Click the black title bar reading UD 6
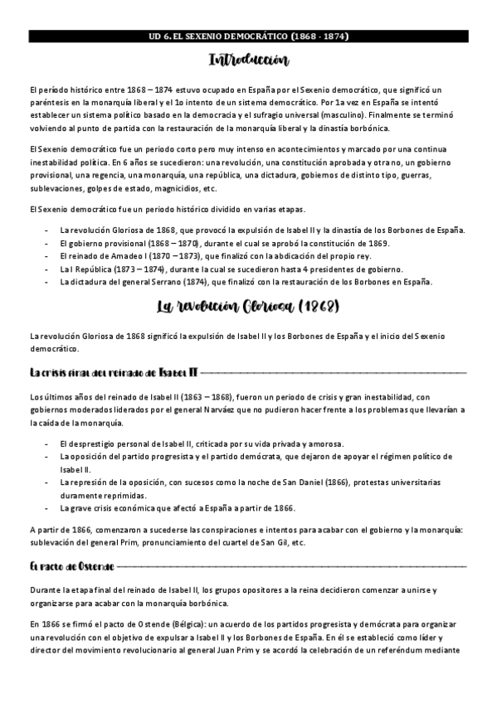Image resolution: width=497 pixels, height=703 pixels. (x=248, y=36)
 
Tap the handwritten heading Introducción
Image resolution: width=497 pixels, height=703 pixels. (x=248, y=61)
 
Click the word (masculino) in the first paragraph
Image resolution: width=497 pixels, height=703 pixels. (x=335, y=114)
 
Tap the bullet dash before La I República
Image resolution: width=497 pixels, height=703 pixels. (x=46, y=269)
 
